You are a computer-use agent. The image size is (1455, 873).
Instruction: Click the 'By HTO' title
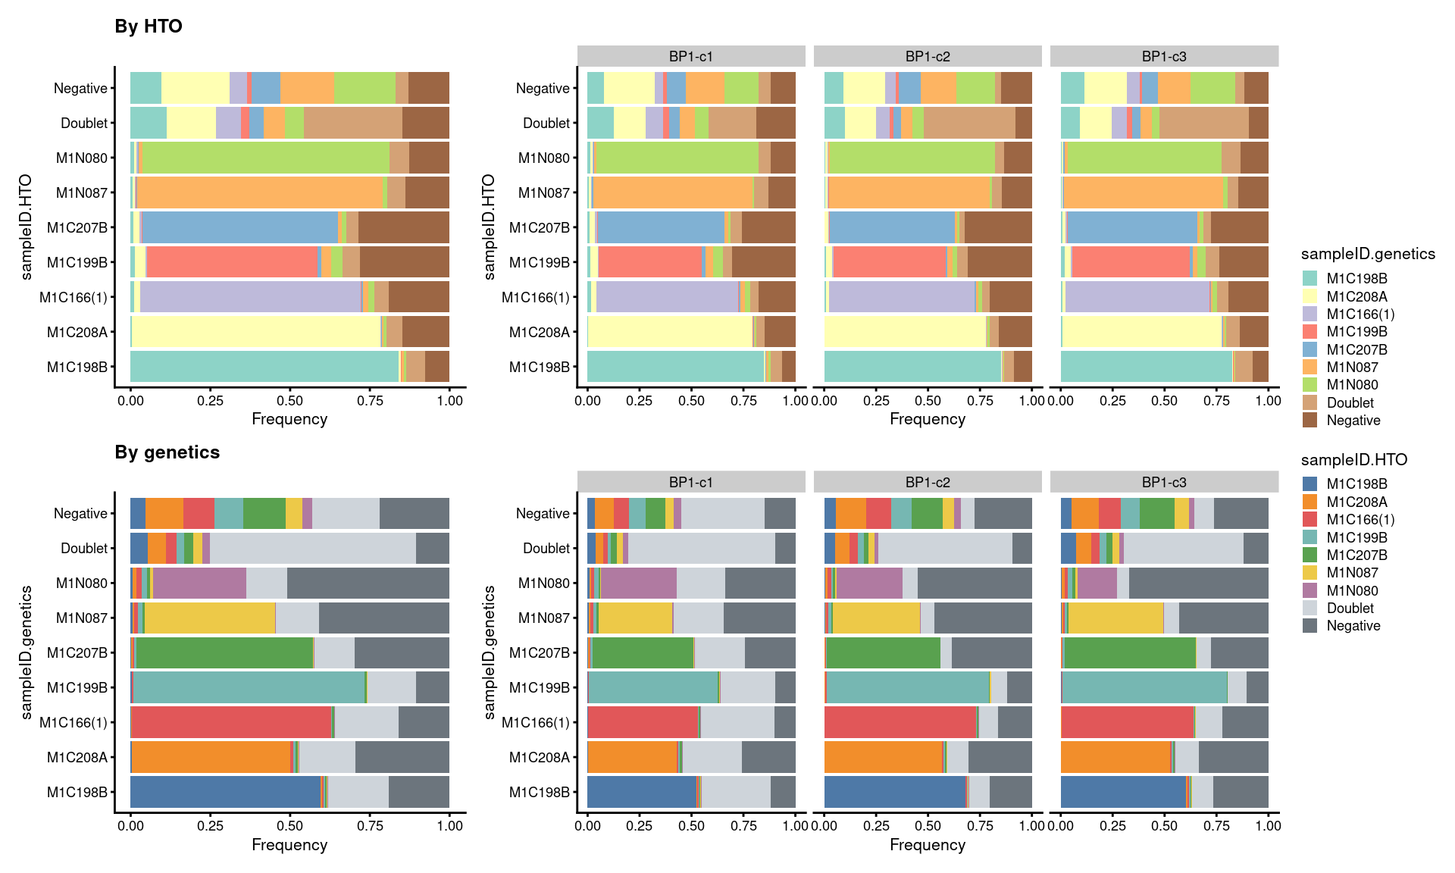tap(149, 27)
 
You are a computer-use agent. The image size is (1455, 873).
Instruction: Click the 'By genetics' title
tap(167, 452)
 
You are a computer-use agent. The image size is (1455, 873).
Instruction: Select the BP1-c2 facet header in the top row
tap(927, 56)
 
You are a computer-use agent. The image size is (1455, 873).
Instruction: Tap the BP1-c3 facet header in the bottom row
tap(1163, 482)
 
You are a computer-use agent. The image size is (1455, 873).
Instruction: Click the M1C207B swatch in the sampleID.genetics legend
tap(1309, 349)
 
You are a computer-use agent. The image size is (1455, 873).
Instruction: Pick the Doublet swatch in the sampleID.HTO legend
tap(1309, 608)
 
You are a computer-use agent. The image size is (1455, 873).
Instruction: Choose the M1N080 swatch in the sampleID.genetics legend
tap(1309, 385)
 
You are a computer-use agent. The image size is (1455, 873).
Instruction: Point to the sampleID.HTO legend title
tap(1353, 460)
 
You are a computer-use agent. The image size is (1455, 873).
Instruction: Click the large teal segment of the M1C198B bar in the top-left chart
tap(264, 367)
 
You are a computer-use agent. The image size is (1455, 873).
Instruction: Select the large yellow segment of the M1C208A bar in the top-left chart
tap(256, 332)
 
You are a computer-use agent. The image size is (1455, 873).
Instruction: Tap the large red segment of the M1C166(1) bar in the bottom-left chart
tap(231, 722)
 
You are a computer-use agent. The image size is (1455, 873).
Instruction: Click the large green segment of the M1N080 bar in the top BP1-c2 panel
tap(912, 158)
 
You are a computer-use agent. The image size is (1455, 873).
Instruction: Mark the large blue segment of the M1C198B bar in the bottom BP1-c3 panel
tap(1123, 792)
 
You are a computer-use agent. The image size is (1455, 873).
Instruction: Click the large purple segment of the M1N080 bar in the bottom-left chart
tap(199, 583)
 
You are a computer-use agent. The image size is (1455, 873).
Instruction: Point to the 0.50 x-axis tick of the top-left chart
tap(289, 400)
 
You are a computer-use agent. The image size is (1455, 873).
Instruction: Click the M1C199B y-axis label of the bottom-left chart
tap(77, 687)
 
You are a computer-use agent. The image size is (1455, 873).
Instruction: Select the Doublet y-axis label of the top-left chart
tap(84, 123)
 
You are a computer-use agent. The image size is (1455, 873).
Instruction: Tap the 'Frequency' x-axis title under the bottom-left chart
tap(289, 844)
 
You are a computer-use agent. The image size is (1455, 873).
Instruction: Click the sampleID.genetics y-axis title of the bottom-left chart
tap(27, 652)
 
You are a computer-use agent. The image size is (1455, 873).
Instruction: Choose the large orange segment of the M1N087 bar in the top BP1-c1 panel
tap(673, 192)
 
